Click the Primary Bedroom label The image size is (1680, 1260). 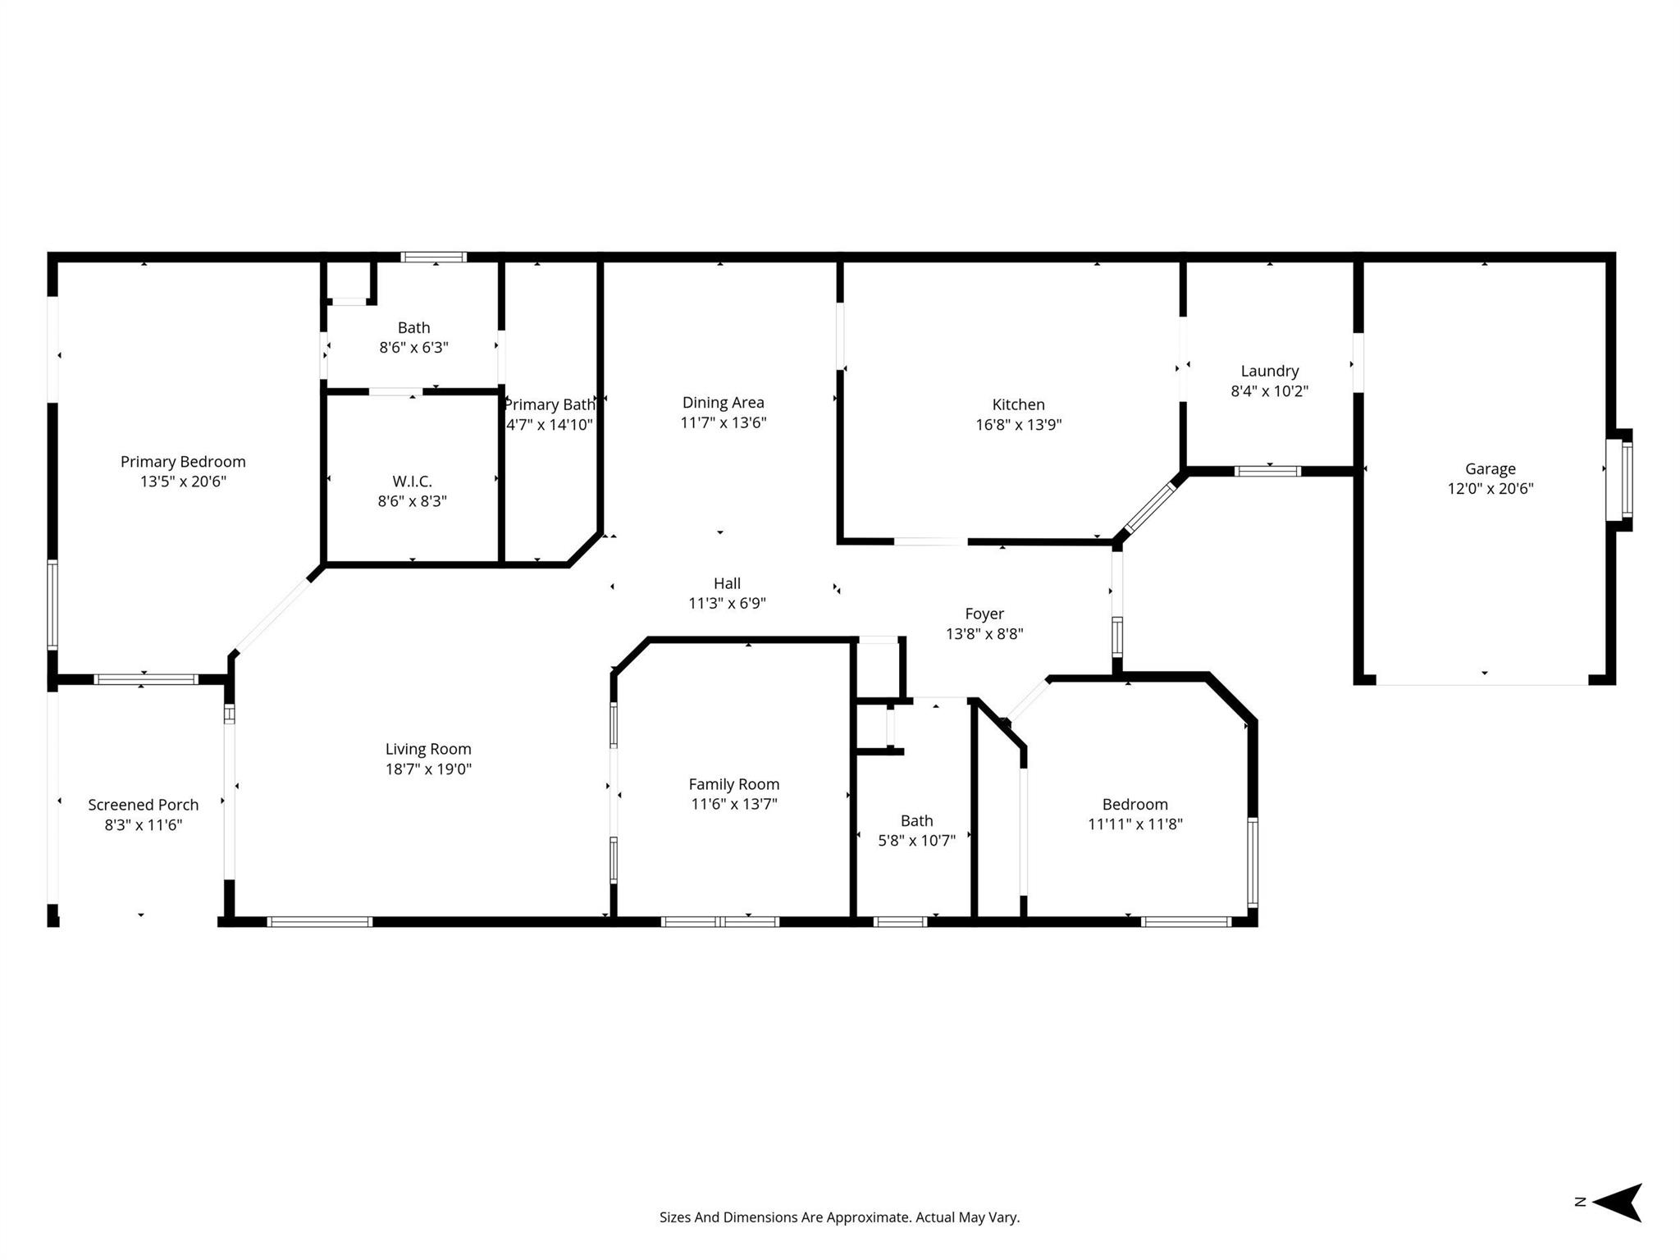tap(183, 462)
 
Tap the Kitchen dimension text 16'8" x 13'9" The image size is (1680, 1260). tap(1019, 425)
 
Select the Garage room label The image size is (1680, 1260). tap(1491, 469)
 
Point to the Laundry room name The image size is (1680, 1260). tap(1270, 372)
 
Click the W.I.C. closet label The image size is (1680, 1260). tap(413, 482)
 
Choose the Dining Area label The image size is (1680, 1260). tap(724, 403)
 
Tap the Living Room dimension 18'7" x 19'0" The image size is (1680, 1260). tap(429, 769)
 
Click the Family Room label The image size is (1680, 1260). tap(734, 784)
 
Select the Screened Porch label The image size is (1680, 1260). tap(144, 805)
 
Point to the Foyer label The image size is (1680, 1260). tap(984, 614)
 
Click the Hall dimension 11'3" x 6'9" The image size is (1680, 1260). tap(728, 604)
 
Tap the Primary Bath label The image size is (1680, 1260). tap(550, 405)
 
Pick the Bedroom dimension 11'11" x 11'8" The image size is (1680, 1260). tap(1135, 824)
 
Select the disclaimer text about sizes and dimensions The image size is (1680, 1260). tap(840, 1217)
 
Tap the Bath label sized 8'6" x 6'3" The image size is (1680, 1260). tap(414, 328)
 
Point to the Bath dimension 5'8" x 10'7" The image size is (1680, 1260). tap(917, 841)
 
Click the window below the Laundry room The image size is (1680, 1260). tap(1268, 472)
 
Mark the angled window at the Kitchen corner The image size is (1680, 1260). tap(1150, 509)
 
